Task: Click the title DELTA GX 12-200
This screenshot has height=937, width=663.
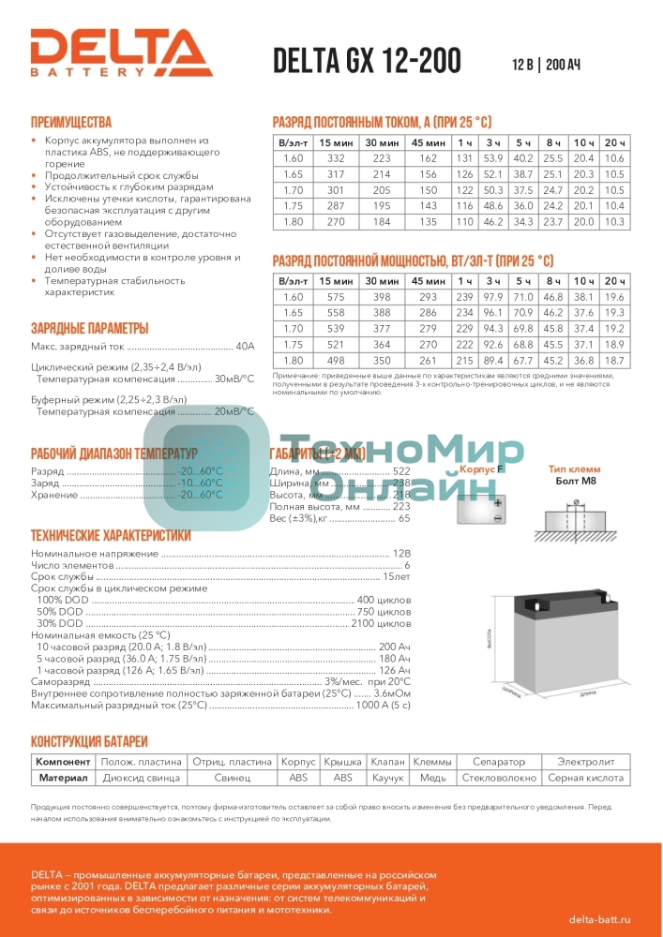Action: coord(367,61)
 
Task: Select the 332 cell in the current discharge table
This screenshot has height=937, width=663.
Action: coord(337,158)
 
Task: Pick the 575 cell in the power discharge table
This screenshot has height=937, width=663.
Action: coord(337,297)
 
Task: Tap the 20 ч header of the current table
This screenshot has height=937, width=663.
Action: coord(615,141)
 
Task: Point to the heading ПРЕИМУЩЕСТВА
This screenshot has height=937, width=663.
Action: coord(70,123)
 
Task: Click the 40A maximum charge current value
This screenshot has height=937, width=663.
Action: coord(245,347)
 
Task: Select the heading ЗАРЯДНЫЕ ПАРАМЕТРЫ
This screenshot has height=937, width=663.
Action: coord(89,328)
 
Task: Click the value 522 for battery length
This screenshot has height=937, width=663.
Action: coord(401,470)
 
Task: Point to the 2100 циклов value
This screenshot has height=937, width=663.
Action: coord(381,623)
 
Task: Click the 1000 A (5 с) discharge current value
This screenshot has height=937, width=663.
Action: coord(383,706)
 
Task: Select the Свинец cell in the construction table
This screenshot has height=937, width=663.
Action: coord(232,778)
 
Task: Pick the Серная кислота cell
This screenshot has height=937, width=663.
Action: coord(585,778)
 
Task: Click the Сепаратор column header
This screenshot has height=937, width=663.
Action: coord(499,762)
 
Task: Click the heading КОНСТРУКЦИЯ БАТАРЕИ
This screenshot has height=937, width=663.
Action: coord(89,740)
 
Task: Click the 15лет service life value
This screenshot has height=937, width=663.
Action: coord(395,577)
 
